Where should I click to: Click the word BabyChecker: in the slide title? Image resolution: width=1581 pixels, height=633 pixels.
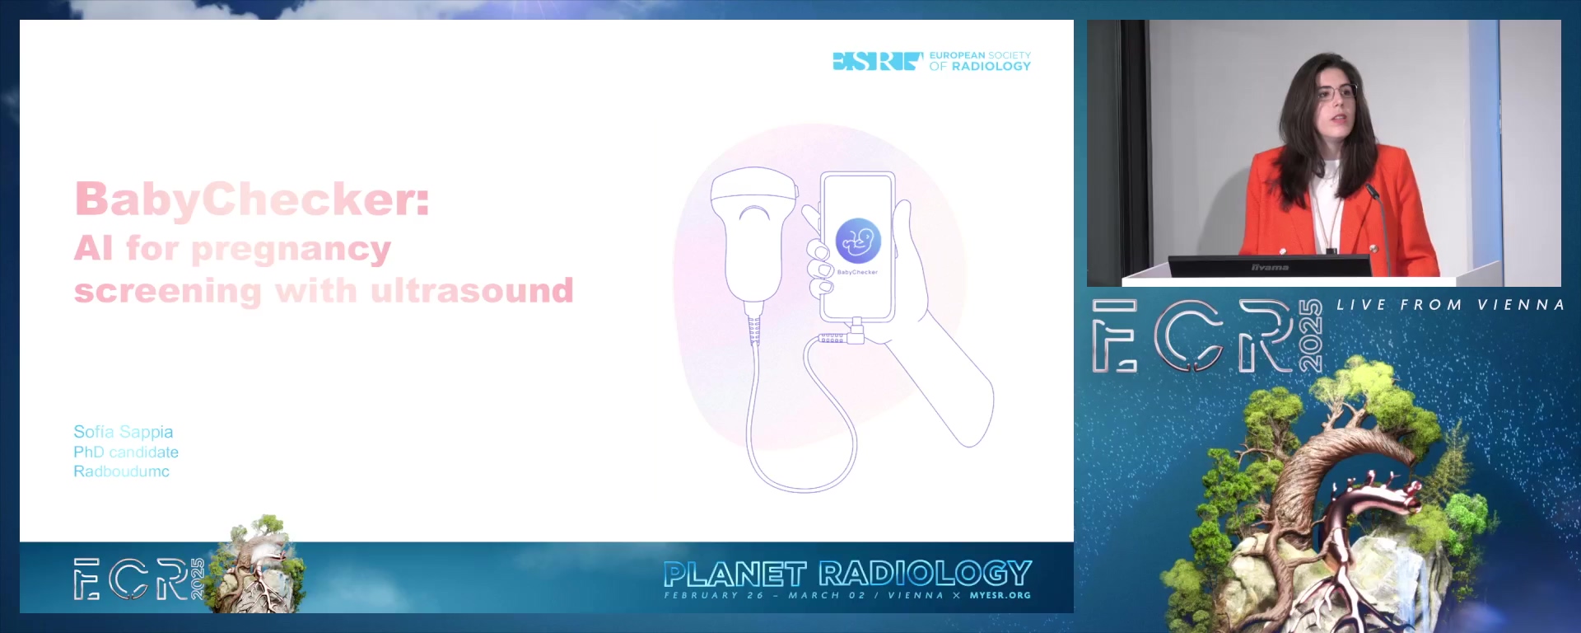coord(252,200)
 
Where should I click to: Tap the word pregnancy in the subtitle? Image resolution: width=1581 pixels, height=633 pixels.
coord(291,250)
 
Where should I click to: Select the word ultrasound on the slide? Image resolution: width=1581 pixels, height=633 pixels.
coord(472,290)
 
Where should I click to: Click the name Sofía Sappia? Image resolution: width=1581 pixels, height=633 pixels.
coord(124,432)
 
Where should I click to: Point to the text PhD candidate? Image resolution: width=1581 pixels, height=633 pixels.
coord(126,452)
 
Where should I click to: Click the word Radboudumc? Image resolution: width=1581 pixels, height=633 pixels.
coord(121,471)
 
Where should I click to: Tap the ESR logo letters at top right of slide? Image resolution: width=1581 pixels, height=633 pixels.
coord(878,61)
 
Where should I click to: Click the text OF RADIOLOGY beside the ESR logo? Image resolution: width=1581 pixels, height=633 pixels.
coord(980,67)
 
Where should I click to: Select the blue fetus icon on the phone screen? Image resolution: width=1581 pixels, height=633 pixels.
coord(858,241)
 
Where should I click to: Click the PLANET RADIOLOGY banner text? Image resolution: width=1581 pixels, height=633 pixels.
coord(847,574)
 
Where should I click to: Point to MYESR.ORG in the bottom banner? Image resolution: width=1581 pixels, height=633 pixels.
coord(1000,595)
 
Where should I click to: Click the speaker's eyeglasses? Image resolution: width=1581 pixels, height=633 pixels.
coord(1336,92)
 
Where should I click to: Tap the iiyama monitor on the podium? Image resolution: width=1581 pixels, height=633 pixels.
coord(1270,266)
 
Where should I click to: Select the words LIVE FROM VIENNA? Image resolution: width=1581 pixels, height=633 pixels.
coord(1450,305)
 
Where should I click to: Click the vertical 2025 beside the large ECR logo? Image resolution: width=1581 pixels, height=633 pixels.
coord(1310,335)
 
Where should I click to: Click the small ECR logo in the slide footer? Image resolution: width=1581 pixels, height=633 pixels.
coord(138,579)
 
